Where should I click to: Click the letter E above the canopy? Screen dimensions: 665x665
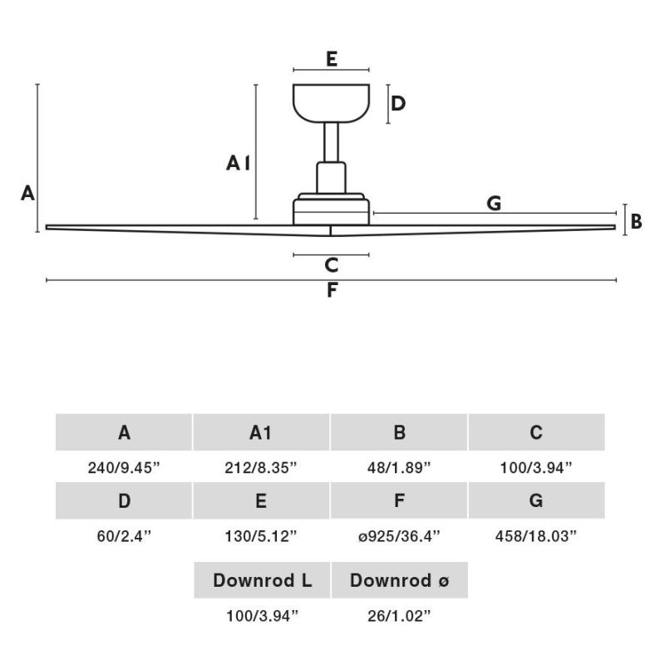point(332,59)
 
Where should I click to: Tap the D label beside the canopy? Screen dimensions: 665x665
point(398,103)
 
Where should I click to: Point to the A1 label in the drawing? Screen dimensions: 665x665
point(239,163)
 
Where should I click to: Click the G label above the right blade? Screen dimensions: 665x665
point(494,203)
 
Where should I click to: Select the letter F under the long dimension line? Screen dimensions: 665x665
point(332,290)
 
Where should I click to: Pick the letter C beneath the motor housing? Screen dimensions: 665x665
point(331,265)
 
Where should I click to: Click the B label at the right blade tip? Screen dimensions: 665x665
point(636,221)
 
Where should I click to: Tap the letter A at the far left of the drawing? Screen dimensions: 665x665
point(27,194)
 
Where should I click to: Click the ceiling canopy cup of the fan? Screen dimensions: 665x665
point(331,103)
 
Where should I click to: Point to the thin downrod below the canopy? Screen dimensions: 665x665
point(331,142)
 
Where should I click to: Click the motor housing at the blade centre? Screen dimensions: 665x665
point(331,209)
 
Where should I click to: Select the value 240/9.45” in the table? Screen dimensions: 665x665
point(124,468)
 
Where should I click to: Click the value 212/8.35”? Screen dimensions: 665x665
point(261,468)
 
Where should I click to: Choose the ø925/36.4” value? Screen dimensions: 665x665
point(399,536)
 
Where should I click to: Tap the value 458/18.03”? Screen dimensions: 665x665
point(536,536)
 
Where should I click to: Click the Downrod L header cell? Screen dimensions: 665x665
point(262,580)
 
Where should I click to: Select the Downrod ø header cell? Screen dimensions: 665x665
point(400,580)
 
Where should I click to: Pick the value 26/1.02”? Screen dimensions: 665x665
point(399,616)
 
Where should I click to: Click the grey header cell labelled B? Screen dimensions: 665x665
point(399,432)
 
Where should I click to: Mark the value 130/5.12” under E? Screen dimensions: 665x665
point(261,536)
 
